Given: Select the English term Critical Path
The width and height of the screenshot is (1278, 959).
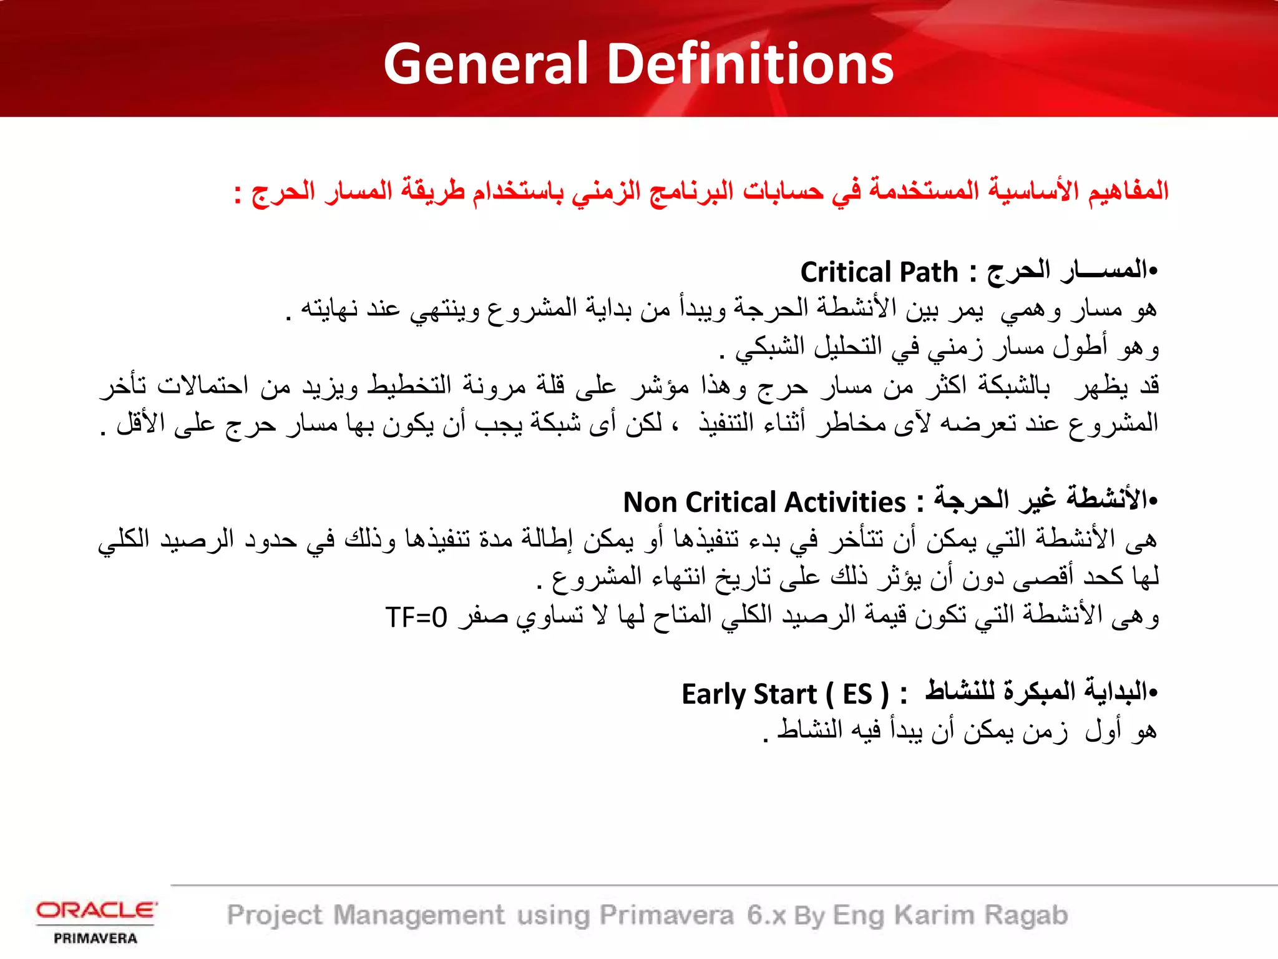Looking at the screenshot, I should (879, 273).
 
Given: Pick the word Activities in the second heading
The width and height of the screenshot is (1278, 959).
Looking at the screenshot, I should (845, 503).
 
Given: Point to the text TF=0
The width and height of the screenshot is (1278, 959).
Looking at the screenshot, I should (416, 617).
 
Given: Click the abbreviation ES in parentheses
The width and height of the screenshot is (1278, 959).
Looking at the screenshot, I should (857, 694).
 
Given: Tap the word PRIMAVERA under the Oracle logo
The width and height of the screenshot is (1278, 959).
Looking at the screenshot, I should (95, 938).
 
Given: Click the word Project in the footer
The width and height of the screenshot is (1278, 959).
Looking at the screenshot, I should (275, 915).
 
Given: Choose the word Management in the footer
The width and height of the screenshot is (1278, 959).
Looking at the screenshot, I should (419, 915).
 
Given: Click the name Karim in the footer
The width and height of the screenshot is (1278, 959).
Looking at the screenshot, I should (934, 915).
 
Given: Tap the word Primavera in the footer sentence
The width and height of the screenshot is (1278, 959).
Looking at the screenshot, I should (666, 915).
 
